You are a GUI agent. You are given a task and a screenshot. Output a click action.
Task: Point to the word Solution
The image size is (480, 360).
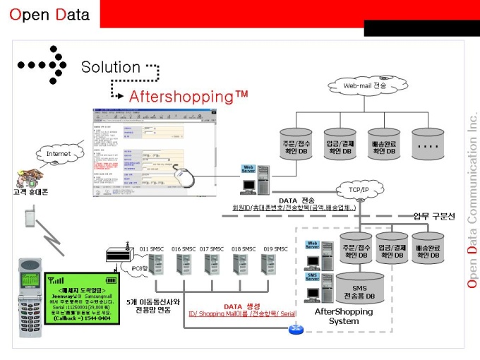click(111, 67)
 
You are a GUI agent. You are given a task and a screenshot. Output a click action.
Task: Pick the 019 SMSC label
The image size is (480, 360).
click(275, 249)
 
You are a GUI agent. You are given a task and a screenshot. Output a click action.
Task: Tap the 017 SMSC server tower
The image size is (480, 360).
click(212, 265)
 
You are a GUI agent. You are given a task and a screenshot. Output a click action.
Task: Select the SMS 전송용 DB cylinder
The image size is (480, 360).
click(359, 289)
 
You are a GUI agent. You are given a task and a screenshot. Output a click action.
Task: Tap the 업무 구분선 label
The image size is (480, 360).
click(434, 215)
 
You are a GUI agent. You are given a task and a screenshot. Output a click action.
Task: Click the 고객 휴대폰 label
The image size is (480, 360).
click(31, 191)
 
